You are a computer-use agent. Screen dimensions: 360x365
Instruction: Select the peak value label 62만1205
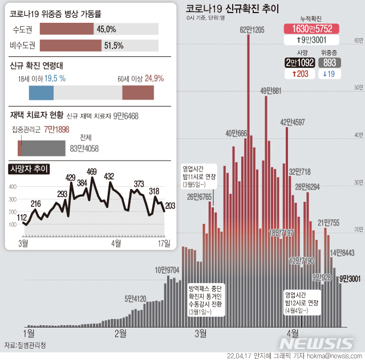coord(252,30)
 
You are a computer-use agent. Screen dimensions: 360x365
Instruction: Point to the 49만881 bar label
coord(270,91)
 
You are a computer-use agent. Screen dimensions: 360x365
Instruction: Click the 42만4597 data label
coord(292,122)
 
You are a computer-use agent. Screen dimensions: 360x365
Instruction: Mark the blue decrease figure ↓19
coord(330,73)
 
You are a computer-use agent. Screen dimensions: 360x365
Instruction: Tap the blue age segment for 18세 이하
coord(41,93)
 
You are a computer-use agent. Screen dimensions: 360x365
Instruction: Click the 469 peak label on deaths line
coord(92,171)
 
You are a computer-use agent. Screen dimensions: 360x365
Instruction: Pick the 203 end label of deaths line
coord(170,205)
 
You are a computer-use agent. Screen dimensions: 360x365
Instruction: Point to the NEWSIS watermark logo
coord(317,343)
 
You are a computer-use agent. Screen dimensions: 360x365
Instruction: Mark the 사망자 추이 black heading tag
coord(29,169)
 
